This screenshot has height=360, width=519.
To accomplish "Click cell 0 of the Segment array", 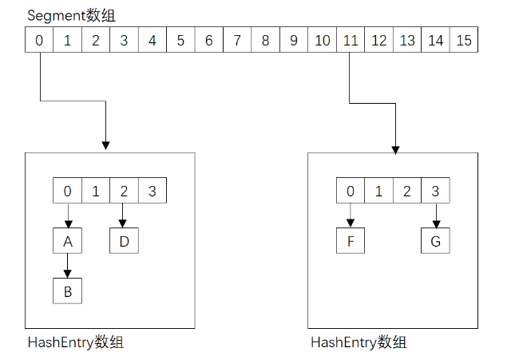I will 39,40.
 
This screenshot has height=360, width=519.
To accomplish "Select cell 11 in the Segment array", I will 350,40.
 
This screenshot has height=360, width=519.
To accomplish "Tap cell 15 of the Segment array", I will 463,40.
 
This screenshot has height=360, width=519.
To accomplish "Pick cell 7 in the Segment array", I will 237,40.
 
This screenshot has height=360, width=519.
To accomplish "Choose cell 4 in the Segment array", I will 152,40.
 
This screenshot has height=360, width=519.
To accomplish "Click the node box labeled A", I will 68,241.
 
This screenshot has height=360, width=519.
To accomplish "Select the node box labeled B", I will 68,291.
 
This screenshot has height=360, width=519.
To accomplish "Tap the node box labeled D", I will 124,241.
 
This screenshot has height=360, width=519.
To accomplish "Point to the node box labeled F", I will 350,241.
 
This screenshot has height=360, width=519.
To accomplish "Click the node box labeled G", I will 435,241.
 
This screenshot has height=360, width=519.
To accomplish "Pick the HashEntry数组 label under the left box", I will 75,343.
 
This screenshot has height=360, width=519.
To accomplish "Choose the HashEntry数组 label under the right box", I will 359,343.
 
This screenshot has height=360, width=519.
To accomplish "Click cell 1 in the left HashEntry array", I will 96,192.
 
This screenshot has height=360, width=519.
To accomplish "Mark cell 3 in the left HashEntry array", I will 152,192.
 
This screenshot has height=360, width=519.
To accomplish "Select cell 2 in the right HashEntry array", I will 406,192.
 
